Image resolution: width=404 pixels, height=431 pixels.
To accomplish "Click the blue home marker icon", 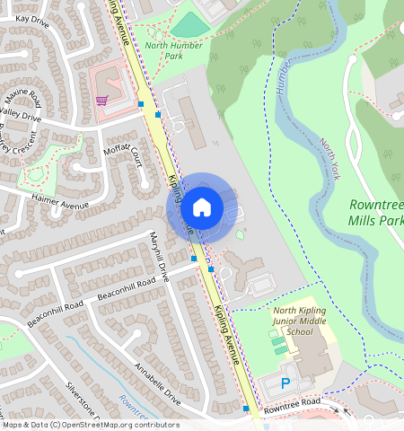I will coord(202,207).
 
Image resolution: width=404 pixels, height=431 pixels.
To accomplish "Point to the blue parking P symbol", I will coord(286,383).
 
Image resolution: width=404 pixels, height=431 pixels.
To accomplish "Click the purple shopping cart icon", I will coord(102,100).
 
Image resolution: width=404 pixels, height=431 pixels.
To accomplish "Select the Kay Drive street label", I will coord(32,19).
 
